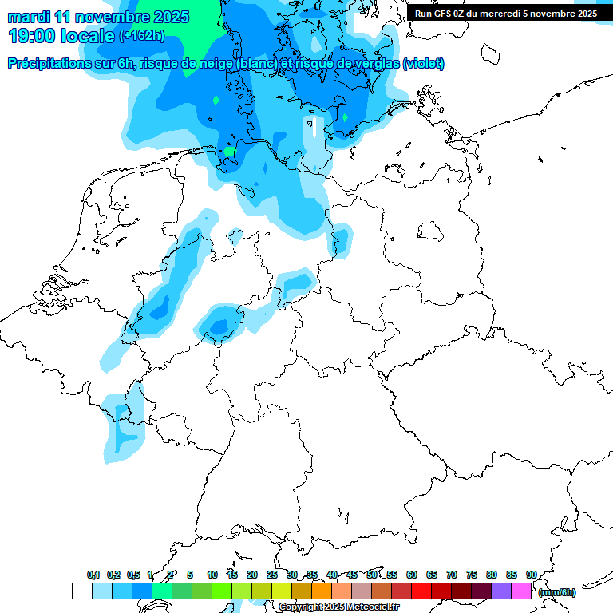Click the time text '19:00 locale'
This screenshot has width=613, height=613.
[x=61, y=35]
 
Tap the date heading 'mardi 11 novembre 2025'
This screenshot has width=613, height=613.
[x=98, y=17]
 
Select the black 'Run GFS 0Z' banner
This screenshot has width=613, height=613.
[x=506, y=13]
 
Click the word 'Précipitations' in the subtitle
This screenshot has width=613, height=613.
[x=48, y=64]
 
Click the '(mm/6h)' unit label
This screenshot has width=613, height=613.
[x=557, y=592]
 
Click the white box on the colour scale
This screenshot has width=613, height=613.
[x=81, y=591]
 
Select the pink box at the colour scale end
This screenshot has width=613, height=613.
[x=521, y=591]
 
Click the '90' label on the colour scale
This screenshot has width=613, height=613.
[x=532, y=575]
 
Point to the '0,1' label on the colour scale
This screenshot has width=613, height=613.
[x=93, y=575]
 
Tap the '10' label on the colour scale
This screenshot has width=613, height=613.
[x=212, y=575]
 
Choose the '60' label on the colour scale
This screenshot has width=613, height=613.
[x=412, y=575]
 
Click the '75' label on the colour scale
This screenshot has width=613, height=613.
[x=472, y=575]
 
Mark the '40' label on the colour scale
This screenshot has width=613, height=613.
[x=332, y=575]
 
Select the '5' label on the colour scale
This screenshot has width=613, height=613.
[x=190, y=575]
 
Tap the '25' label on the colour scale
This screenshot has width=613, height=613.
[x=272, y=575]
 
